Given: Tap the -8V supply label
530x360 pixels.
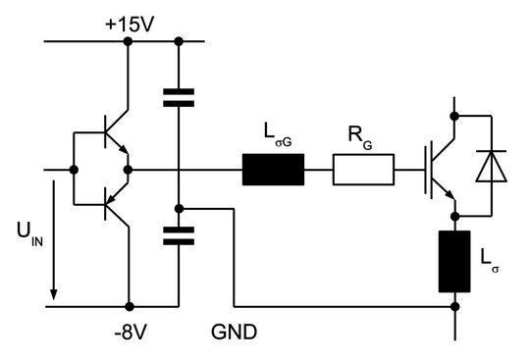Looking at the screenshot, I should coord(130,332).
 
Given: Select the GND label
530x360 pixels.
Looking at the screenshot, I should coord(234,332).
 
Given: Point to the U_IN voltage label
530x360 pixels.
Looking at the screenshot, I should coord(29,235).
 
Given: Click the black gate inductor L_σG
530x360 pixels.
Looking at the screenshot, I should coord(274,171).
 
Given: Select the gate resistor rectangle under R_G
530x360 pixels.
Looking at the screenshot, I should coord(363,171).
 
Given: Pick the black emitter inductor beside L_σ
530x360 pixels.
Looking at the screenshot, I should coord(454,262).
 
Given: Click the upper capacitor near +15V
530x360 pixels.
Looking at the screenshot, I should coord(179,97).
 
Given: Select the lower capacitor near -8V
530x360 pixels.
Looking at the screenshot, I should coord(179,236).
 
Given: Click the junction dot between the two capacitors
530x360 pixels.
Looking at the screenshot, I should coord(179,208).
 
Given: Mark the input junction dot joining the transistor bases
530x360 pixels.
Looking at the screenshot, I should coord(74,171).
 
